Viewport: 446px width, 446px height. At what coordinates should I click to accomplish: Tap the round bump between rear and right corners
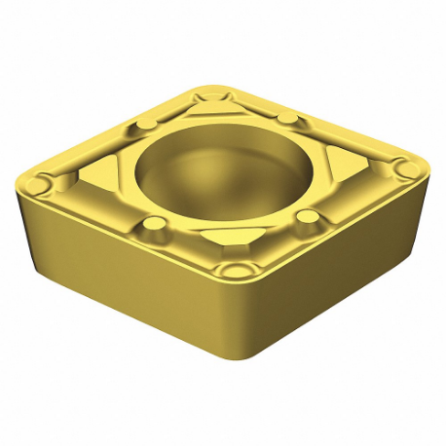click(289, 118)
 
